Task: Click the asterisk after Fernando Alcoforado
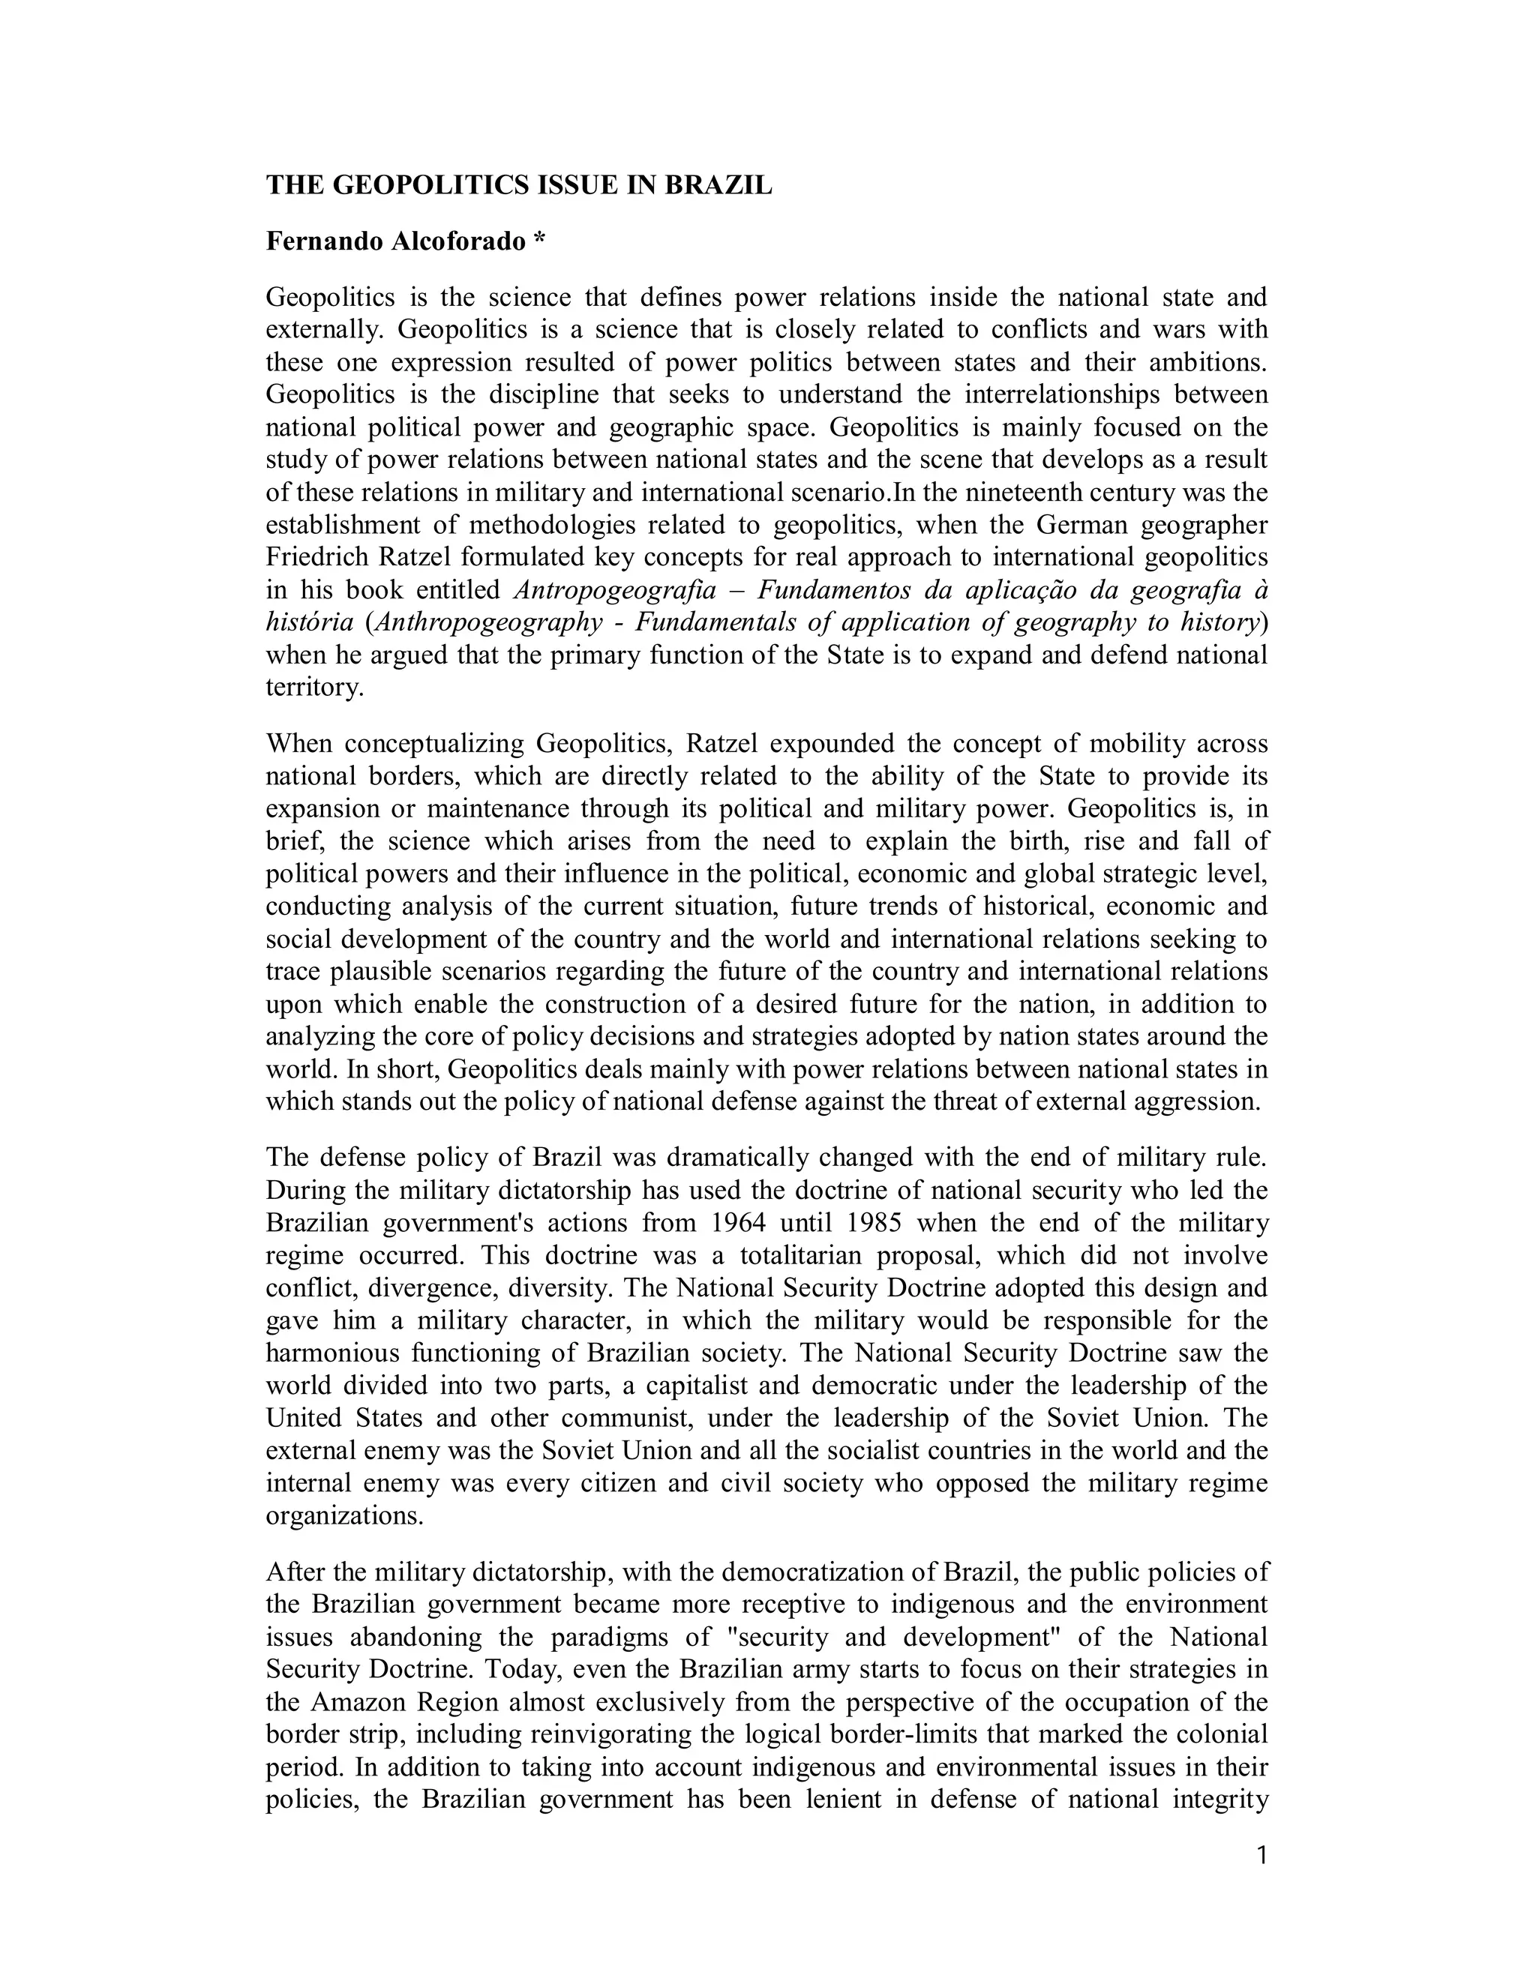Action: [539, 241]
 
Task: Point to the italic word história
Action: [310, 622]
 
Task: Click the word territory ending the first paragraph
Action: [314, 688]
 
